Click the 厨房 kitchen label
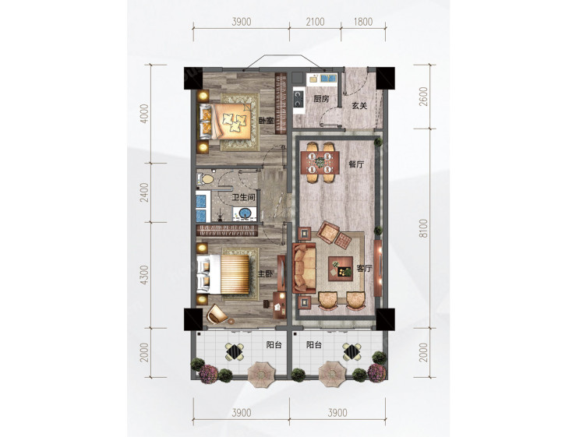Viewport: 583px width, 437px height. tap(322, 99)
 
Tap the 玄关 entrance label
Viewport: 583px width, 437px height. tap(359, 106)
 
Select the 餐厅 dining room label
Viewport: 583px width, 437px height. tap(356, 164)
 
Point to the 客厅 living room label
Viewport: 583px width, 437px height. tap(365, 268)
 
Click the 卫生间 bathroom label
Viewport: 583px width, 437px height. tap(244, 197)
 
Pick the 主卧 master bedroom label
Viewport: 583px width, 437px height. tap(266, 274)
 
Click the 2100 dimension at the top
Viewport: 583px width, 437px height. tap(316, 22)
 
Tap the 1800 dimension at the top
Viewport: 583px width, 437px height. tap(363, 22)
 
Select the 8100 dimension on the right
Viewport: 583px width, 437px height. tap(423, 228)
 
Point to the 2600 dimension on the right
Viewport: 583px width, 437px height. tap(423, 97)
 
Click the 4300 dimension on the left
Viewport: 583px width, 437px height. tap(144, 275)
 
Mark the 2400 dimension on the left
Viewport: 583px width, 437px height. tap(144, 192)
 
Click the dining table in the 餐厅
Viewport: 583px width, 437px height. tap(320, 162)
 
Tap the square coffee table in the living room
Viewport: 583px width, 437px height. tap(341, 269)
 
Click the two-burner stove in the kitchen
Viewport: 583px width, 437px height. tap(299, 98)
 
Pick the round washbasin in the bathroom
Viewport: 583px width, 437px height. tap(245, 214)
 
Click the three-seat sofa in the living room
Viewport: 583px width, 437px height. tap(305, 268)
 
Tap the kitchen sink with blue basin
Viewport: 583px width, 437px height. tap(329, 79)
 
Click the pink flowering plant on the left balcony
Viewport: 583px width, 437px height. tap(209, 374)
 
